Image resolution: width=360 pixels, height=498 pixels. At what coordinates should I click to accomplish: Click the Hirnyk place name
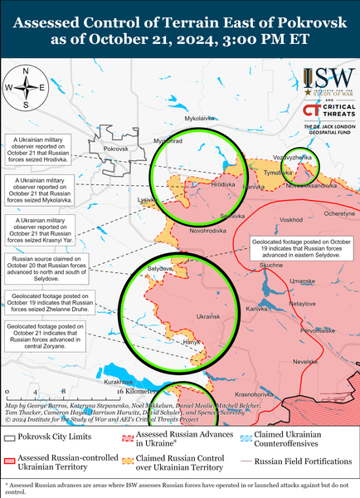pyautogui.click(x=192, y=342)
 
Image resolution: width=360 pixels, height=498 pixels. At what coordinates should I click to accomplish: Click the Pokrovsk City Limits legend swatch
pyautogui.click(x=9, y=437)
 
